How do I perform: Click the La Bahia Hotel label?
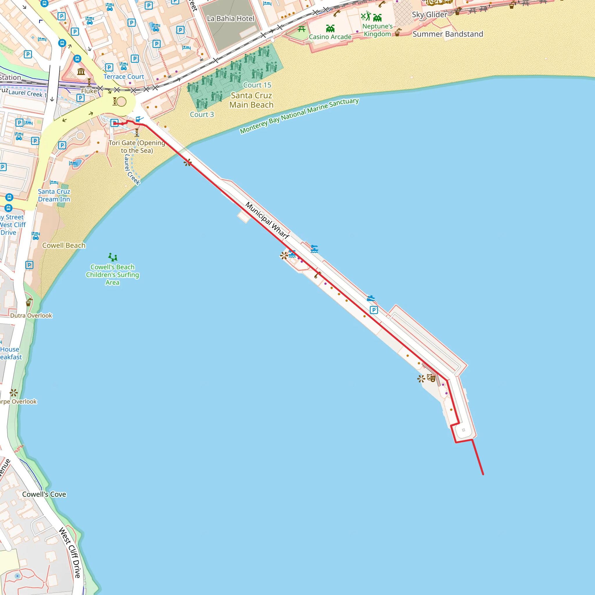coord(231,19)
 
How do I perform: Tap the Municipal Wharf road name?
coord(267,221)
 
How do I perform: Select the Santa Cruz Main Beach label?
coord(251,100)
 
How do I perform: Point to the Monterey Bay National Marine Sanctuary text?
coord(299,116)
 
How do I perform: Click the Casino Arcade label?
coord(330,37)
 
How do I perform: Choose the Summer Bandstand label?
coord(448,34)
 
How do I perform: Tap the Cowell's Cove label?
coord(44,494)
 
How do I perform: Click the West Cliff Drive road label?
coord(70,553)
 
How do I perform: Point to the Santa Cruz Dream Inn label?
coord(54,195)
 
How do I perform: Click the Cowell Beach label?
coord(64,245)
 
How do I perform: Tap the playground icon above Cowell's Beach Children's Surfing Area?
coord(113,257)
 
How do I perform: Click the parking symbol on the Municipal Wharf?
coord(374,310)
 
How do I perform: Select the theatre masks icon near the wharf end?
coord(431,378)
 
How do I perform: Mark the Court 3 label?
coord(202,114)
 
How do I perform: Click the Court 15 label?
coord(257,85)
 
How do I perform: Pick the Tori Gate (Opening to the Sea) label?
coord(137,147)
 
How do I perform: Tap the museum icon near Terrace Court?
coord(81,72)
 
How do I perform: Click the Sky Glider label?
coord(429,15)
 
